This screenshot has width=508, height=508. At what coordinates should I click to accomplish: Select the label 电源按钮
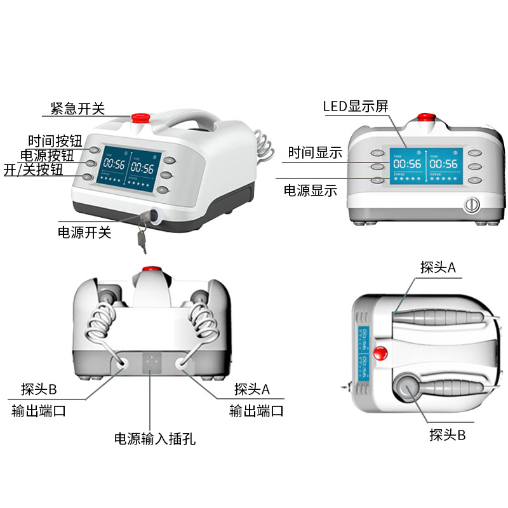(47, 155)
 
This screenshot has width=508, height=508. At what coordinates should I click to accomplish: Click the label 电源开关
(84, 232)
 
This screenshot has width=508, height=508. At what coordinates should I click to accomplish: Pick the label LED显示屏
(355, 106)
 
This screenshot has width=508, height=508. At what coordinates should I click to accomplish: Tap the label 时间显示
(315, 152)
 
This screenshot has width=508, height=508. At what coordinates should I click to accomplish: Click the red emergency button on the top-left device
(139, 117)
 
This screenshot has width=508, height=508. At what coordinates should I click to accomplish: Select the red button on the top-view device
(381, 354)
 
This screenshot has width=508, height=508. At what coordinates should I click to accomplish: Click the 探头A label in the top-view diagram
(438, 267)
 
